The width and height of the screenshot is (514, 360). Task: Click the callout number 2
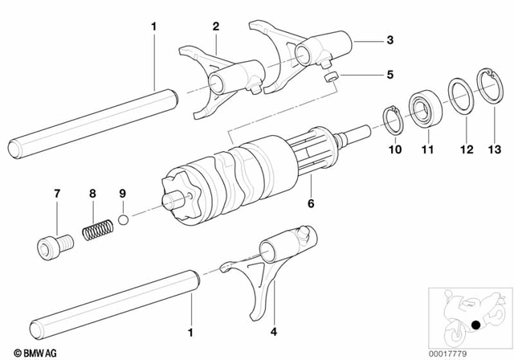[x=215, y=27]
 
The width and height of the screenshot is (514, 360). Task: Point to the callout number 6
[x=310, y=205]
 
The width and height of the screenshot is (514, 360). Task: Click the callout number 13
[x=487, y=149]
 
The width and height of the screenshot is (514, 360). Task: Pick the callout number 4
[x=272, y=328]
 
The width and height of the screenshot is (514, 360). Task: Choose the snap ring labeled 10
[x=394, y=121]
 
